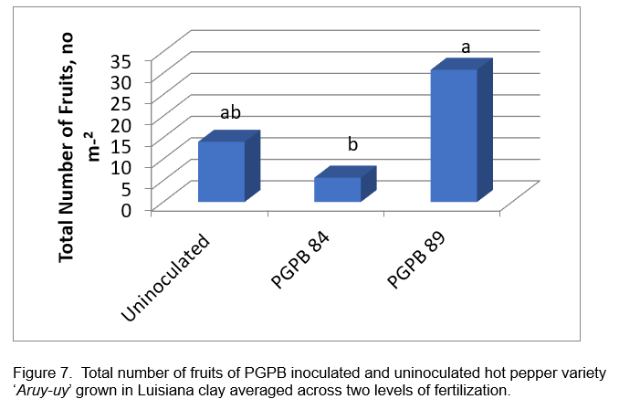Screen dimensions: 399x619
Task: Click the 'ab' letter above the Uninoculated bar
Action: point(230,113)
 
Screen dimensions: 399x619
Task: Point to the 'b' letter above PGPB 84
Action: point(351,144)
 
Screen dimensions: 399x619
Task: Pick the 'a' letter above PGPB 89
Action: point(466,47)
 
